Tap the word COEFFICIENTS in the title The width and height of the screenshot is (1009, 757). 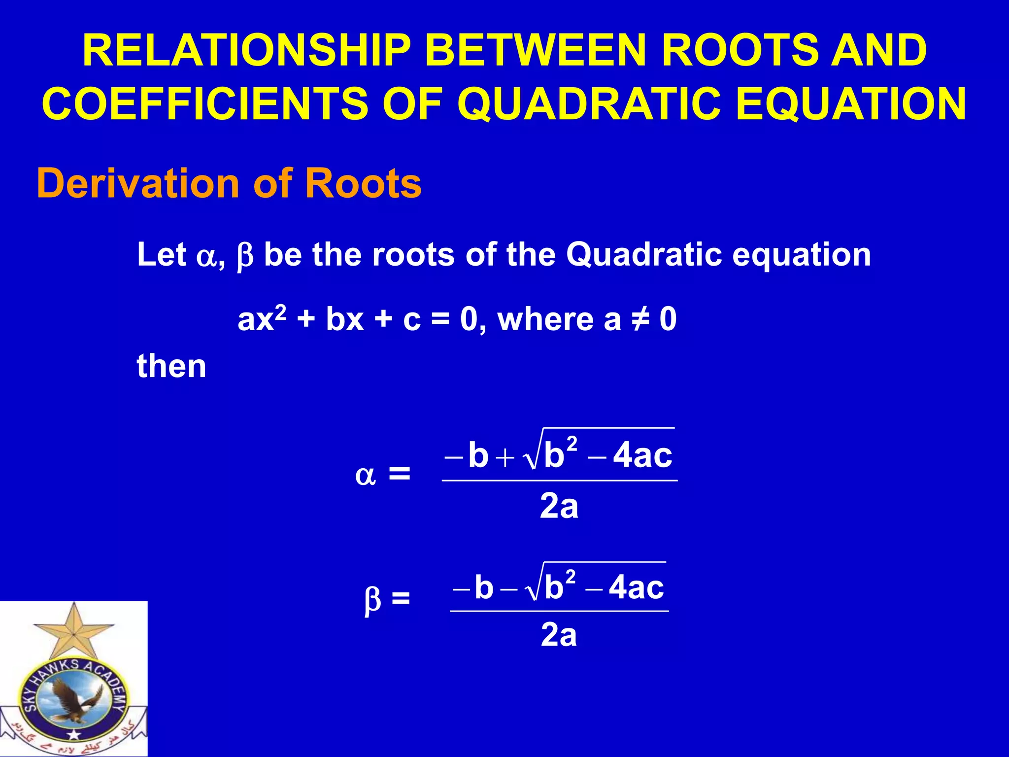204,104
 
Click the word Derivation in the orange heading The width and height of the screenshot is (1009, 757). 137,183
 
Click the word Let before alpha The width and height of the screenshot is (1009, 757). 161,255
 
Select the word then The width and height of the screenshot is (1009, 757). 171,367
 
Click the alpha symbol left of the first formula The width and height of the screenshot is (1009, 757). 365,476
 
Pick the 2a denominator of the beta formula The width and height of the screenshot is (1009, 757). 559,635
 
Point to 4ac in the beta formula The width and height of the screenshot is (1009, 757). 636,588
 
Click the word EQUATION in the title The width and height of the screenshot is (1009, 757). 851,104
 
